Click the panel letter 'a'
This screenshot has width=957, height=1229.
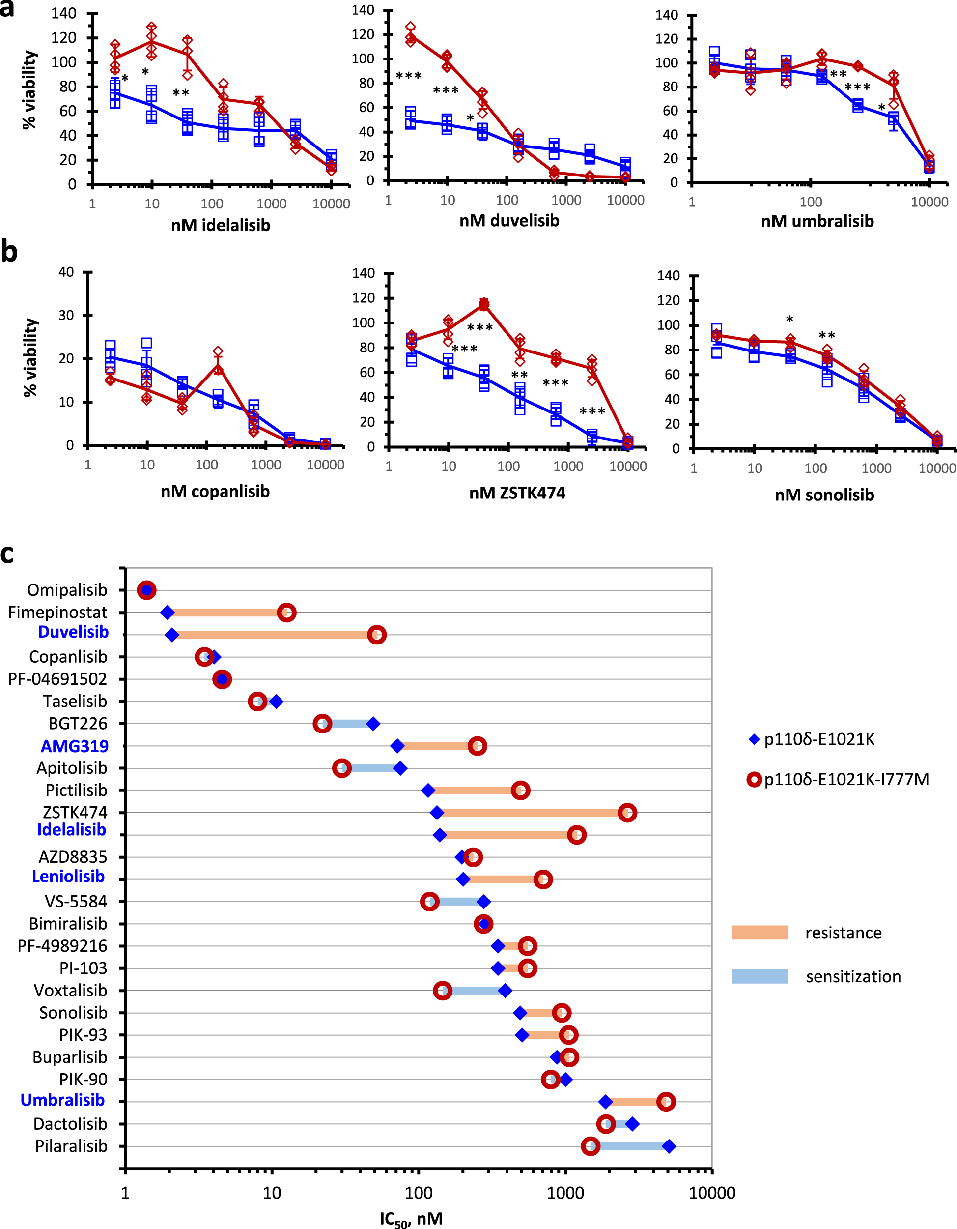[x=7, y=9]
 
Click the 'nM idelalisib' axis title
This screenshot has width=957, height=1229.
[x=221, y=225]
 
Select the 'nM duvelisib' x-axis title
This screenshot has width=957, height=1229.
[x=509, y=221]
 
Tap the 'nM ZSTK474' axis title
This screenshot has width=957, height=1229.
[x=517, y=493]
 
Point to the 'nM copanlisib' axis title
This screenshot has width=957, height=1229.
[x=215, y=491]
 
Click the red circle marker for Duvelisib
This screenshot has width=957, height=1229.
[x=377, y=635]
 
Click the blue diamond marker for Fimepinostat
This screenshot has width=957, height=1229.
[x=167, y=612]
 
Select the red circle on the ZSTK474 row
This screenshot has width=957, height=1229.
[x=627, y=813]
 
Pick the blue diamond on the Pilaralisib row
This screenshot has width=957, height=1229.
[x=669, y=1146]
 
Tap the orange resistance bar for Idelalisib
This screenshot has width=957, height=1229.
[x=506, y=835]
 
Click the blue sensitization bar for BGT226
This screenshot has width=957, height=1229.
[x=347, y=724]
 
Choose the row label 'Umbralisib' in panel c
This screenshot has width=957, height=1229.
[x=62, y=1100]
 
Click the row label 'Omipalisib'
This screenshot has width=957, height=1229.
[x=67, y=590]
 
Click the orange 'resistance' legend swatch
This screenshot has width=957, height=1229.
[x=760, y=933]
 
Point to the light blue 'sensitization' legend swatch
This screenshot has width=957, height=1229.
[x=760, y=976]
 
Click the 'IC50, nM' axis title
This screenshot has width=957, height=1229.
[x=411, y=1219]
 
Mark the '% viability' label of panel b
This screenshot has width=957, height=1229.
[x=31, y=358]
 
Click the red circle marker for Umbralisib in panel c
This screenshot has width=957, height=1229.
[x=666, y=1101]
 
